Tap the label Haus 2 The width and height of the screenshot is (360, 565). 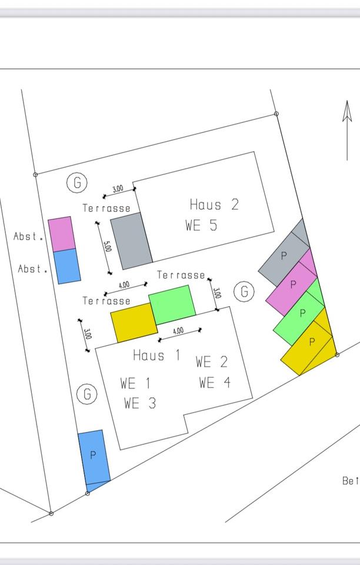click(x=214, y=205)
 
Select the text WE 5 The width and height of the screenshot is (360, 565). click(x=201, y=225)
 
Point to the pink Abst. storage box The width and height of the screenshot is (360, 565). click(x=61, y=234)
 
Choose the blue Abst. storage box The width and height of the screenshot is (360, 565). click(x=66, y=265)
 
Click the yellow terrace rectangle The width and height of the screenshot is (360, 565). click(x=134, y=323)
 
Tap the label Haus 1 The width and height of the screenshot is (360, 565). click(x=157, y=355)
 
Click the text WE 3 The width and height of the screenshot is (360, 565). click(x=140, y=403)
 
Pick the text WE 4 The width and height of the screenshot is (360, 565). click(x=214, y=383)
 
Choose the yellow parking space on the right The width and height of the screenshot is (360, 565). click(x=309, y=345)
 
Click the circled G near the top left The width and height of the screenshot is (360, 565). click(x=77, y=183)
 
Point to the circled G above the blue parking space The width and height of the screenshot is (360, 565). click(x=87, y=394)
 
